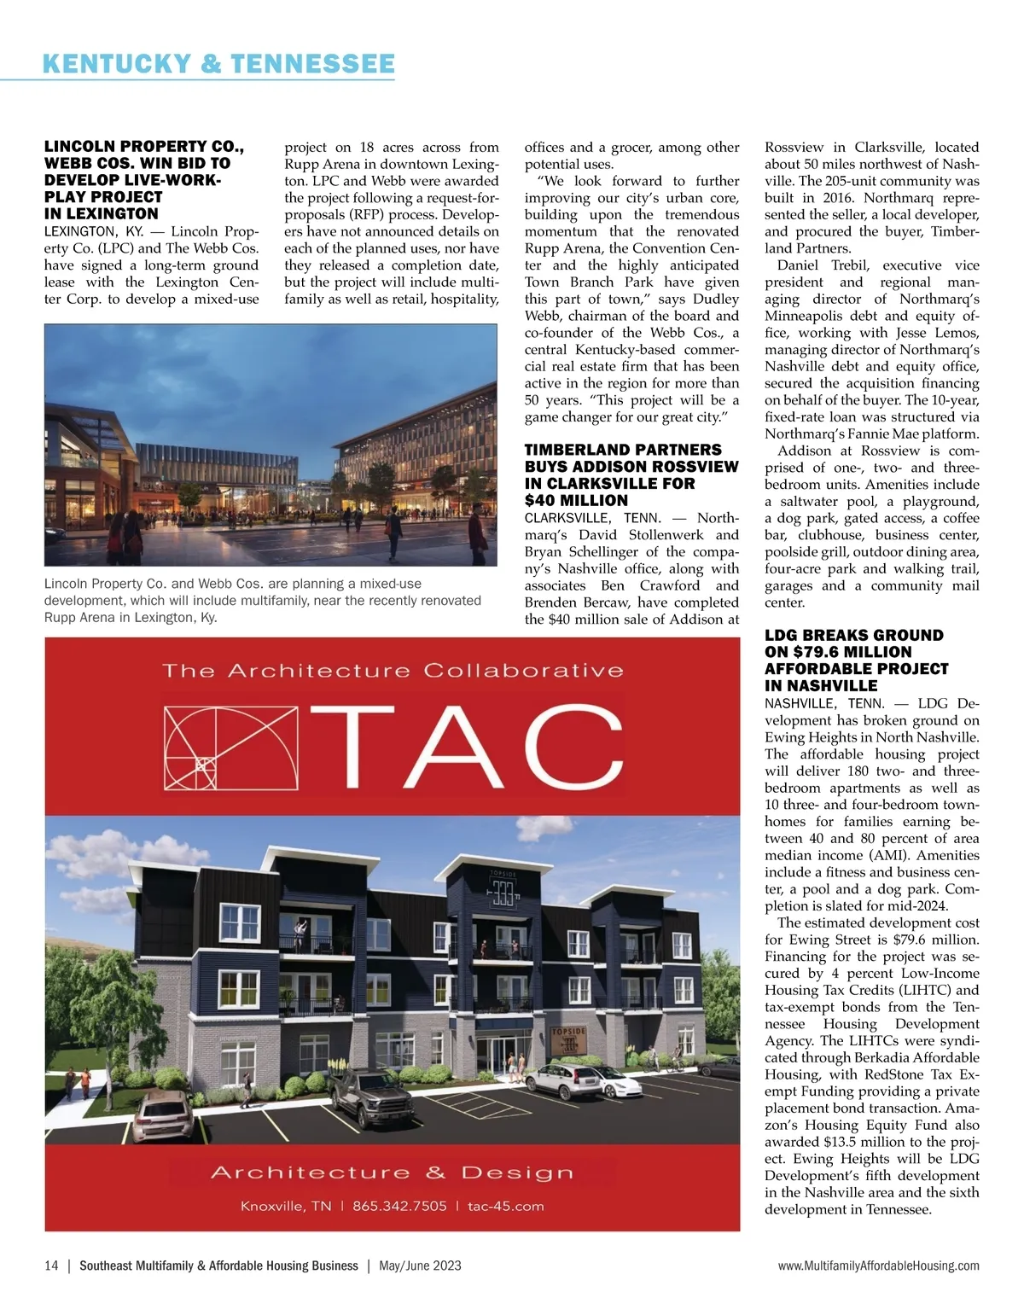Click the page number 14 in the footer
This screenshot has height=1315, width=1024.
coord(51,1266)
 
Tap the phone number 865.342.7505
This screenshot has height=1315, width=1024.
coord(399,1206)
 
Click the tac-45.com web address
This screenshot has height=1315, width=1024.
coord(506,1206)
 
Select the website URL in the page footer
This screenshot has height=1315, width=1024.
coord(878,1266)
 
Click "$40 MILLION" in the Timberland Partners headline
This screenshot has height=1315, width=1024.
coord(576,500)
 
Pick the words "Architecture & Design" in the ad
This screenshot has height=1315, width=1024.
coord(392,1172)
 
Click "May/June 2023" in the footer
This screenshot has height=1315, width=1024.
coord(420,1266)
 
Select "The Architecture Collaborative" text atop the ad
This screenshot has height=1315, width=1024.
coord(393,671)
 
